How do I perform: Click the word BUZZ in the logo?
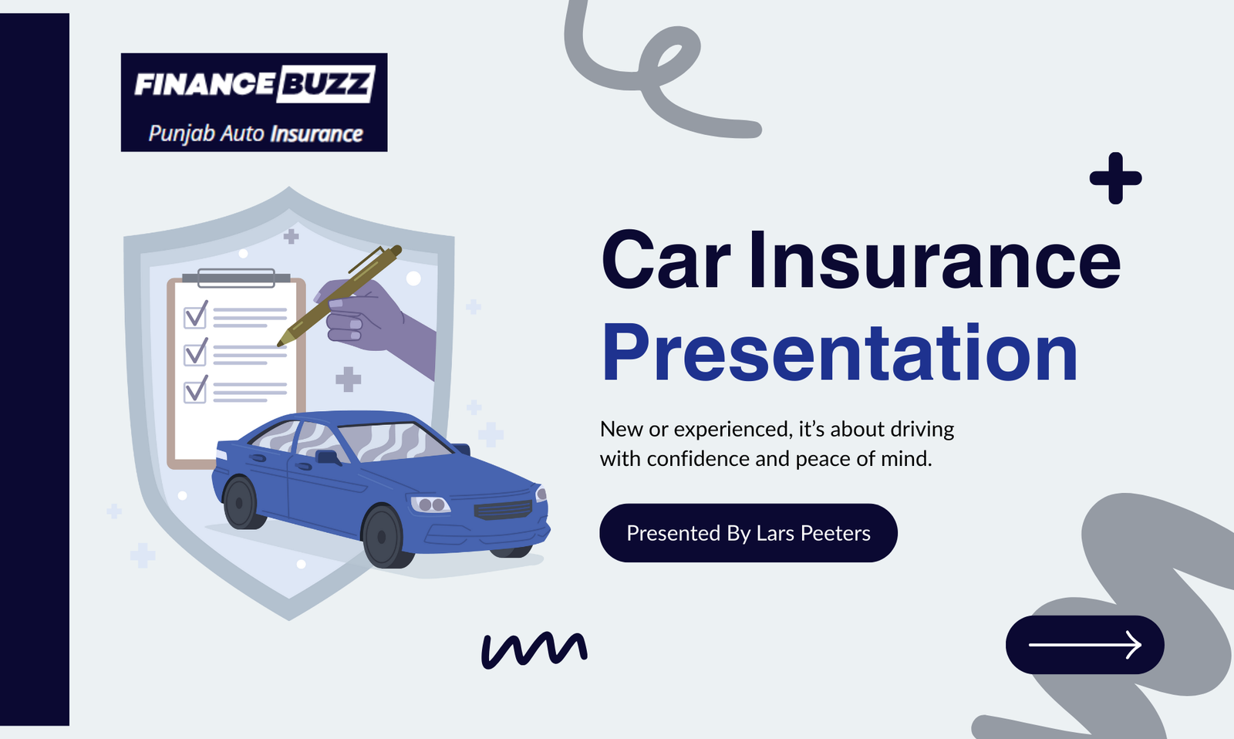[325, 84]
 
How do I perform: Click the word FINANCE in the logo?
[204, 84]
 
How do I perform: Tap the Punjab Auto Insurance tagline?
[255, 134]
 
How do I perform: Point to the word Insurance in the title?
[935, 259]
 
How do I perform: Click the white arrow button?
[1084, 645]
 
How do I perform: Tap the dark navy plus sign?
[1115, 178]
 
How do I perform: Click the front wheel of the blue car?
[383, 537]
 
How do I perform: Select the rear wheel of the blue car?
[241, 503]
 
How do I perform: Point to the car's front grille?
[504, 510]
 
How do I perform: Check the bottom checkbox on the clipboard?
[196, 390]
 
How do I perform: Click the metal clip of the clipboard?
[236, 278]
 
